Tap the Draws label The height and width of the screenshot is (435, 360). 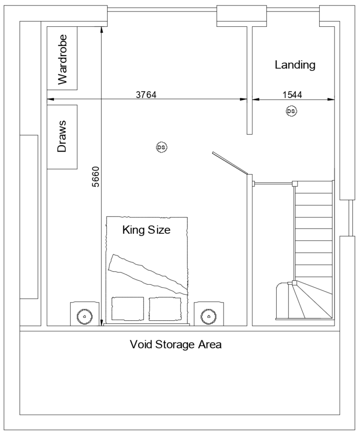click(62, 137)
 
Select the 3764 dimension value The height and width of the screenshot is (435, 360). click(146, 95)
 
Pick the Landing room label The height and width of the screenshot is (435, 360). click(295, 65)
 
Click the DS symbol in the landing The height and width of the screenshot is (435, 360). click(291, 111)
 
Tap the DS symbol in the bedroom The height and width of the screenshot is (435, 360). click(162, 147)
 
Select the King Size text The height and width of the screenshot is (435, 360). click(146, 230)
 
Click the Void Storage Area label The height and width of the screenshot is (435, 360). click(176, 344)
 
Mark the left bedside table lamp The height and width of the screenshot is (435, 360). click(84, 316)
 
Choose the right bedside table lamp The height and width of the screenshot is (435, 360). click(208, 316)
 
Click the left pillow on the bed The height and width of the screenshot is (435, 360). click(128, 309)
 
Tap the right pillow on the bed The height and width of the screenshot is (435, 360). click(165, 309)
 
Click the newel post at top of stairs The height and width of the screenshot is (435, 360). click(295, 184)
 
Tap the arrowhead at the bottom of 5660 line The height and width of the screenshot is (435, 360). click(101, 323)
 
